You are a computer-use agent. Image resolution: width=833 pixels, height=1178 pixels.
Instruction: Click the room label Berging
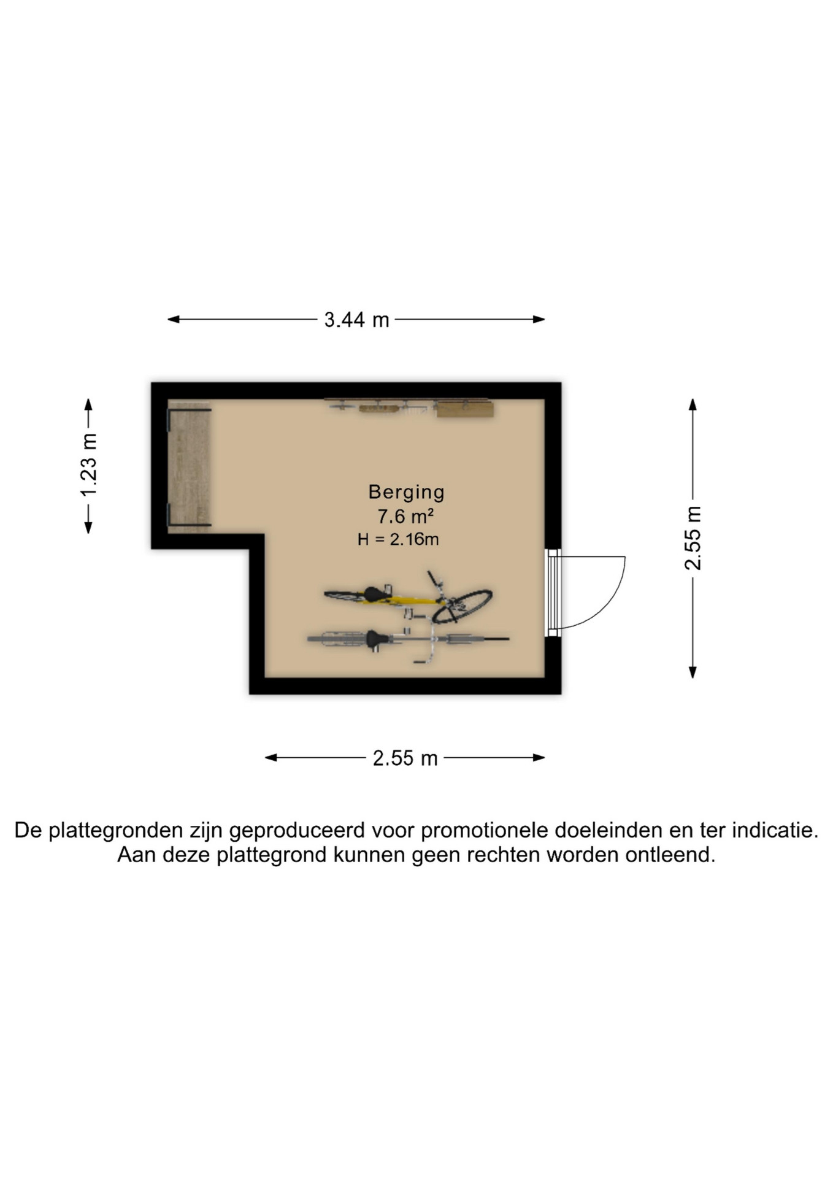click(x=406, y=493)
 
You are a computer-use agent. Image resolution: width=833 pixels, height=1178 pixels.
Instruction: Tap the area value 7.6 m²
click(x=405, y=517)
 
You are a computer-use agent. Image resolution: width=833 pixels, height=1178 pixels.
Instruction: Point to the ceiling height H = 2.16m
click(x=398, y=539)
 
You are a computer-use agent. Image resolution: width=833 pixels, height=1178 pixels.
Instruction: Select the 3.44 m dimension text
click(x=356, y=320)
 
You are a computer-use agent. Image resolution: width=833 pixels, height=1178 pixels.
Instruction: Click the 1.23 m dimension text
click(x=89, y=465)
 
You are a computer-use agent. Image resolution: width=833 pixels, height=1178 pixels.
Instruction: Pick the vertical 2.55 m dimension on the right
click(x=693, y=538)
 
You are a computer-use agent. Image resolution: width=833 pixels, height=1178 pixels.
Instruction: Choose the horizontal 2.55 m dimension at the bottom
click(x=405, y=758)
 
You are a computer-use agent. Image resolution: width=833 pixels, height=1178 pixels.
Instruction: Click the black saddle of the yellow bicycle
click(x=374, y=594)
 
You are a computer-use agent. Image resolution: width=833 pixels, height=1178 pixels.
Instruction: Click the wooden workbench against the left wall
click(x=190, y=468)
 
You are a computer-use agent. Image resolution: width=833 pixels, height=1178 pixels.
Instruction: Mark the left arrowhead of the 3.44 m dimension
click(x=173, y=319)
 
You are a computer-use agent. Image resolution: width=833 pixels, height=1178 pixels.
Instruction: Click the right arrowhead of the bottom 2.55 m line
click(x=539, y=758)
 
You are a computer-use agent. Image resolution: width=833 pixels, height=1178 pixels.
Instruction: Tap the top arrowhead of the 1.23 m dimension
click(x=88, y=404)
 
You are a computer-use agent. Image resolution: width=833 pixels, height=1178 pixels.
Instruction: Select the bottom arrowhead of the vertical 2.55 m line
click(x=693, y=672)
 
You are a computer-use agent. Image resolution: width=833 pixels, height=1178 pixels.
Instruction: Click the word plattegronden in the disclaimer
click(x=117, y=831)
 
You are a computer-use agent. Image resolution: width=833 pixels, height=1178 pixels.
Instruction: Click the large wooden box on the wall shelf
click(x=465, y=409)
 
